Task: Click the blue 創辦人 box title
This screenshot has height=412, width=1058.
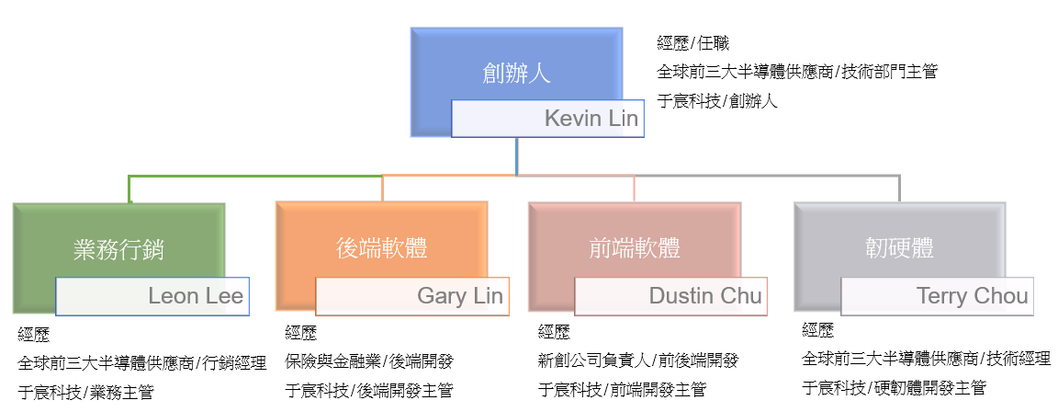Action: (517, 73)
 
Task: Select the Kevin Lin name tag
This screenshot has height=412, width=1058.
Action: (547, 119)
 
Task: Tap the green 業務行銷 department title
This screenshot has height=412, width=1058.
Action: (119, 248)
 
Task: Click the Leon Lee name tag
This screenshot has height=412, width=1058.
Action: (152, 296)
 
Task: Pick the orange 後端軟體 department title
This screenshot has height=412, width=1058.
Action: (382, 248)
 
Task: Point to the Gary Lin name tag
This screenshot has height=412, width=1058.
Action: (412, 296)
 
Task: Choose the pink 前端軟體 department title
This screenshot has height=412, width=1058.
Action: (634, 248)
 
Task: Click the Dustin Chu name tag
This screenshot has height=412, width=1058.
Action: (670, 296)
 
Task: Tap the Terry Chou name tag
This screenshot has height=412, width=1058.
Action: (937, 296)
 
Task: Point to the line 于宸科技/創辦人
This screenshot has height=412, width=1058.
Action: (717, 101)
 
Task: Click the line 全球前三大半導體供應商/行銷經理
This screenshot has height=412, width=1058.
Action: (141, 361)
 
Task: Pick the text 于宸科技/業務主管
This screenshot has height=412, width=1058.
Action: (85, 391)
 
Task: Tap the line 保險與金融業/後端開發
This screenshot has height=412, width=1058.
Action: (369, 360)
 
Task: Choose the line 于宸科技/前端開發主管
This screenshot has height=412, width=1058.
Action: (622, 391)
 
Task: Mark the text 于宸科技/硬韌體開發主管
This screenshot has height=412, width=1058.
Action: (894, 387)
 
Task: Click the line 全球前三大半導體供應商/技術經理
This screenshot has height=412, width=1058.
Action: (926, 358)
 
